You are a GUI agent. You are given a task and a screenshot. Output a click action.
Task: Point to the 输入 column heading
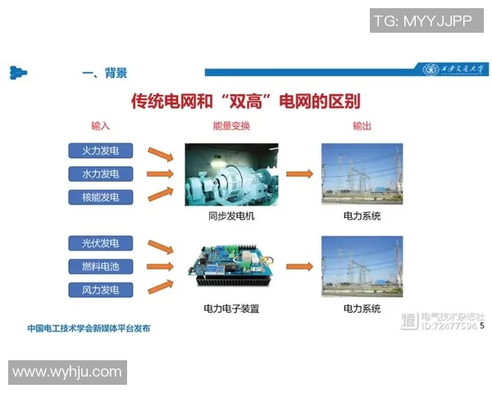pos(100,126)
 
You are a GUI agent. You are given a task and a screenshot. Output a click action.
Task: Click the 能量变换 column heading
pos(231,126)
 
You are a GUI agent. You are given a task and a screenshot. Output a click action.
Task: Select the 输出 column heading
pos(362,126)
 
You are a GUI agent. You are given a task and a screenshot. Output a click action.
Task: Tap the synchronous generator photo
pos(231,174)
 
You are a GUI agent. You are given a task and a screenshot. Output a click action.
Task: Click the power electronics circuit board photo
pos(231,266)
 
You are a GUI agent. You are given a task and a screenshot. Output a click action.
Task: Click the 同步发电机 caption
pos(231,216)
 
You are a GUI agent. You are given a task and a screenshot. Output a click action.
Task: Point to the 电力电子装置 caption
pos(231,309)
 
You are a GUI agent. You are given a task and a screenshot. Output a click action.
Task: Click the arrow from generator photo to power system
pos(300,174)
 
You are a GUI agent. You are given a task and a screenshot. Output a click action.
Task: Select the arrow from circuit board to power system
pos(300,266)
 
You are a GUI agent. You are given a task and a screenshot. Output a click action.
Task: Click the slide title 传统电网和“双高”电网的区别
pos(246,101)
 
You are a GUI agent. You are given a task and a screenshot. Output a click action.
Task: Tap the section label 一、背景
pos(104,73)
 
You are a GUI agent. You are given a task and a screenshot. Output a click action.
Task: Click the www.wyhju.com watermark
pos(67,373)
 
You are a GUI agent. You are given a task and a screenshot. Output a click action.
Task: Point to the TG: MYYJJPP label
pos(422,21)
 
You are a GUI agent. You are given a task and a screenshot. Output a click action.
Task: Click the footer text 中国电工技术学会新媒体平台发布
pos(89,328)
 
